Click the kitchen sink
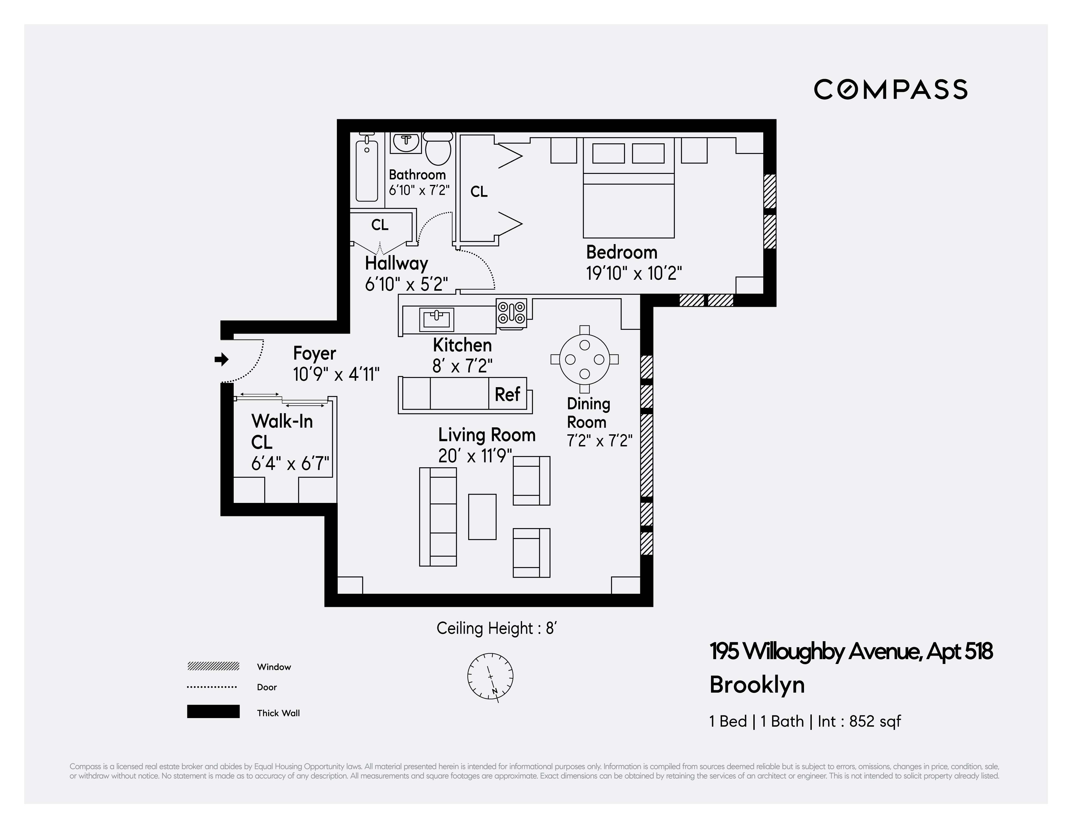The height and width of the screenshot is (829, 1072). [x=436, y=320]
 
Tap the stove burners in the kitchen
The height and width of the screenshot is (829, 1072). [x=511, y=313]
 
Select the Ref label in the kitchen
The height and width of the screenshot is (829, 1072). [x=507, y=394]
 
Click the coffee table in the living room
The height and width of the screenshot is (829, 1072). [x=482, y=517]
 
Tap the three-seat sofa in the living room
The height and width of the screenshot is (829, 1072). [x=438, y=517]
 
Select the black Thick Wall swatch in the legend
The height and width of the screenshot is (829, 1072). [x=213, y=712]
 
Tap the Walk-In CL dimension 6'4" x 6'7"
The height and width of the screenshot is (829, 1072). [x=290, y=463]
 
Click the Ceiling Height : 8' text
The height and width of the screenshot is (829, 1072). [x=496, y=628]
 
